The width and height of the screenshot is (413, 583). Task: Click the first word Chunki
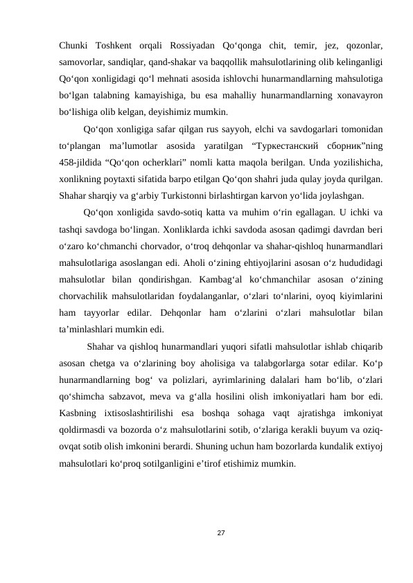click(76, 46)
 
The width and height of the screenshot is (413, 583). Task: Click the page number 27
click(220, 532)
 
